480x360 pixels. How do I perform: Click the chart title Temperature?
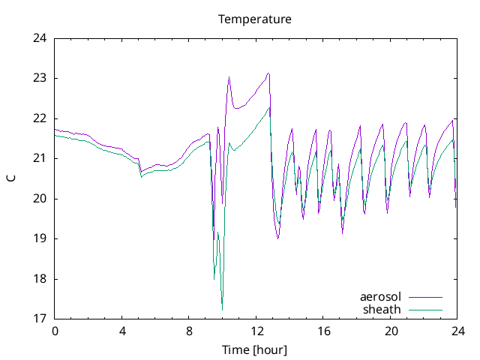click(254, 19)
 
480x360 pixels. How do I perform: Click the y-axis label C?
click(11, 178)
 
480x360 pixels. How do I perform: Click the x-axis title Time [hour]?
click(254, 350)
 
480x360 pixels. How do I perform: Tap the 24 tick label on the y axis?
click(40, 38)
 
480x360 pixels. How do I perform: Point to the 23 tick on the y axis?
click(40, 78)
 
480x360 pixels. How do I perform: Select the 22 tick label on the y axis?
click(40, 118)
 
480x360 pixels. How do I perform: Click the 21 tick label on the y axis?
click(40, 158)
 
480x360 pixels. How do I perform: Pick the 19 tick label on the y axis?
click(40, 238)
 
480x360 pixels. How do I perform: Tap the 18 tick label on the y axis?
click(40, 279)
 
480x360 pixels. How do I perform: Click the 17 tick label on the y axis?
click(40, 319)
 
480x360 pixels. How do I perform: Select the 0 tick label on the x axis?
click(55, 331)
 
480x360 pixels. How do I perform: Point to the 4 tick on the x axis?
click(121, 331)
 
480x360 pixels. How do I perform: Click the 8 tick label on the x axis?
click(189, 331)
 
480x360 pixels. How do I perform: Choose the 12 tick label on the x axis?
click(256, 331)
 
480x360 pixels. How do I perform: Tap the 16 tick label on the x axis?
click(323, 331)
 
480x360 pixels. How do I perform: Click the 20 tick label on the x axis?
click(390, 331)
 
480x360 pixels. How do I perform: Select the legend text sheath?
click(382, 309)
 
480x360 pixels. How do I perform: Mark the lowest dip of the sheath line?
click(222, 310)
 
